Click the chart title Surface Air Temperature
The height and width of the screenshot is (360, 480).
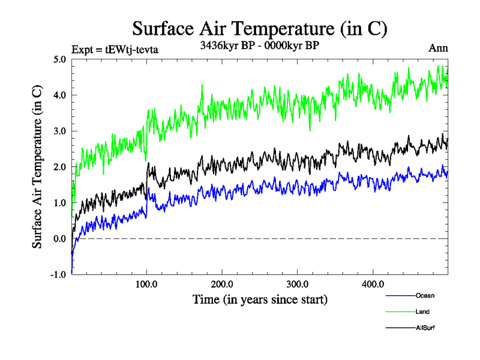point(259,29)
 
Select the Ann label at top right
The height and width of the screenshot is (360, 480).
point(438,48)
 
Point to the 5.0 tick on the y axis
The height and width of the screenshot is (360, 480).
point(59,59)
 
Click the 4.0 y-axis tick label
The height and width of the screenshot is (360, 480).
point(59,95)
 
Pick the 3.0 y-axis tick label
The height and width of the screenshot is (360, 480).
point(59,131)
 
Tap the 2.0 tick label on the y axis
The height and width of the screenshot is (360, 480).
point(59,167)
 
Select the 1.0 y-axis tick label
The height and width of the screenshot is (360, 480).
point(59,203)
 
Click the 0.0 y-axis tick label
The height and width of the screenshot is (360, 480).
point(59,239)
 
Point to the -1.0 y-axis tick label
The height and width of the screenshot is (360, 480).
point(58,275)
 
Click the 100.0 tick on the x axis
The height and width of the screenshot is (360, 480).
point(147,284)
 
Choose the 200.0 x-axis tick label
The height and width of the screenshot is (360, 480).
point(222,284)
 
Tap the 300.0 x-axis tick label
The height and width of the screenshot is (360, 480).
point(298,284)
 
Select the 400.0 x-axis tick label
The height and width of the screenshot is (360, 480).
point(373,284)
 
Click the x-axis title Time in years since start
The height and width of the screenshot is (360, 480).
point(260,299)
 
